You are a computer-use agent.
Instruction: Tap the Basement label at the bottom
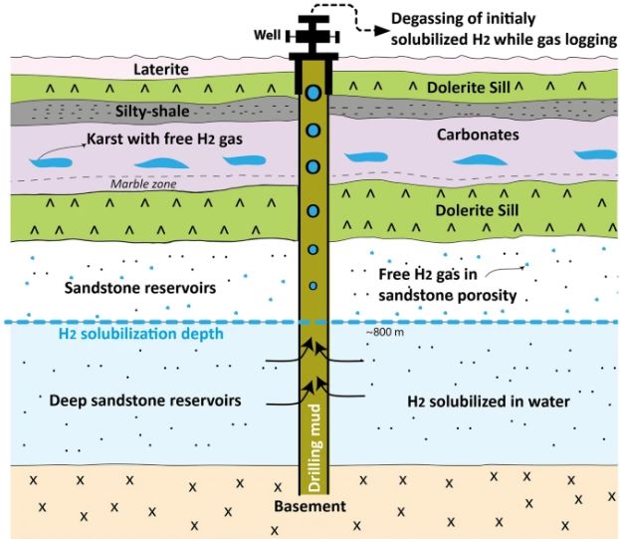pos(311,507)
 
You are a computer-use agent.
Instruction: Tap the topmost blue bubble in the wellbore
pos(313,93)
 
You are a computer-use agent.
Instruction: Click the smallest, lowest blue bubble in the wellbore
pos(313,287)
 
